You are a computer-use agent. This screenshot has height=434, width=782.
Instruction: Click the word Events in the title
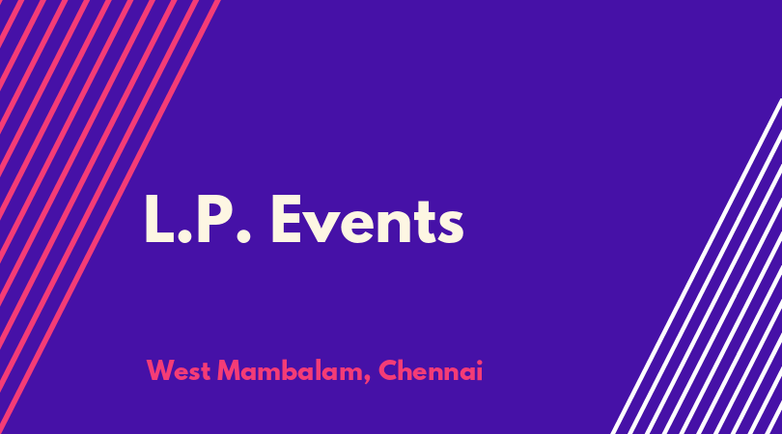[x=368, y=219]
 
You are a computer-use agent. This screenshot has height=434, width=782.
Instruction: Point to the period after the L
[x=184, y=236]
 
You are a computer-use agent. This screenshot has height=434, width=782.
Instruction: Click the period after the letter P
[x=243, y=236]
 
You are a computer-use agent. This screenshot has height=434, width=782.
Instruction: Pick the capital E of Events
[x=287, y=219]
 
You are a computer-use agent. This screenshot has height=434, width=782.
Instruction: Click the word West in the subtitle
[x=178, y=370]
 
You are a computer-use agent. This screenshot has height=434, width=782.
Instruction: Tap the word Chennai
[x=431, y=370]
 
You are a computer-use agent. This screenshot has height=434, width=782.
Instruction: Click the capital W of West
[x=160, y=370]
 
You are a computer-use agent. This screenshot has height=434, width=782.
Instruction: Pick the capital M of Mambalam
[x=229, y=370]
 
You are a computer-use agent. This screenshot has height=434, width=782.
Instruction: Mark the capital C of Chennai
[x=388, y=370]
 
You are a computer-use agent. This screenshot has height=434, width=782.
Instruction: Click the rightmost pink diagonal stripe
[x=110, y=217]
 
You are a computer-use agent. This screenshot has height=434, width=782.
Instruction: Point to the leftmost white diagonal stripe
[x=696, y=266]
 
